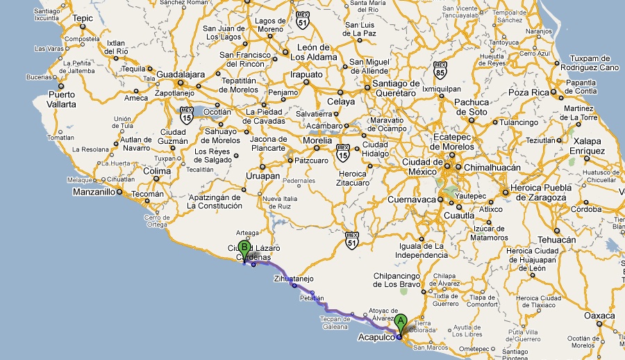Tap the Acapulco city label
[x=375, y=338]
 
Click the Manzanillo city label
[x=94, y=192]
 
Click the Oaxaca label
[x=599, y=316]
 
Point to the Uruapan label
[x=263, y=176]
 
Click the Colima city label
[x=157, y=171]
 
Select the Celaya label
[x=340, y=101]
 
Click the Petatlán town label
[x=312, y=299]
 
